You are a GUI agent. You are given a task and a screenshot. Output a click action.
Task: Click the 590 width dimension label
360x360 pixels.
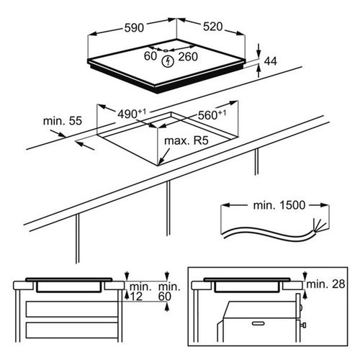point(134,28)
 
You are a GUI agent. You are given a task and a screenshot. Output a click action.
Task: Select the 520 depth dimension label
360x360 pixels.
point(213,27)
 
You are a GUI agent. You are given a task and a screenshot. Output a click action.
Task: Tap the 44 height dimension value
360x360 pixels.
point(271,61)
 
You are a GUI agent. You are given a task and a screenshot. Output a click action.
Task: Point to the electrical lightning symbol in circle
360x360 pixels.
point(168,61)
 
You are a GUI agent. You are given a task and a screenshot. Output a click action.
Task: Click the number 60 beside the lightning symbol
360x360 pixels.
point(150,56)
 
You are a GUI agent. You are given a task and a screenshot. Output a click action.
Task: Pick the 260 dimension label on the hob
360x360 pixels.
point(188,57)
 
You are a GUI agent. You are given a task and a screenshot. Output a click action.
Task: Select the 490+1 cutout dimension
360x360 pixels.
point(132,114)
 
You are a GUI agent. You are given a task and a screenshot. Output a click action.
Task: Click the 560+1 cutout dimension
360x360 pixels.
point(212,114)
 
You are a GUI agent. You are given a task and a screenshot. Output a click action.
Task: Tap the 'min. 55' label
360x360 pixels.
point(63,121)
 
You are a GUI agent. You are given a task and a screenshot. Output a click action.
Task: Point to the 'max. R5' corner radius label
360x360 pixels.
point(186,140)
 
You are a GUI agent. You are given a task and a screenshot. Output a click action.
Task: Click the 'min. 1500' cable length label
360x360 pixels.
point(279,205)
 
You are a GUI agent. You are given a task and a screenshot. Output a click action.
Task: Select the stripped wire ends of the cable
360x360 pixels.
point(319,225)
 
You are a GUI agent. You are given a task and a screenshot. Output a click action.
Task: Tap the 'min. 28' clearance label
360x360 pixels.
point(325,284)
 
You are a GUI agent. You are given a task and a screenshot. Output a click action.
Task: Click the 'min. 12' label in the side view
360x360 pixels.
point(140,292)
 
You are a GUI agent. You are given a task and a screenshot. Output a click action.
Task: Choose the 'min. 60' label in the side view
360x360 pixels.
point(169,292)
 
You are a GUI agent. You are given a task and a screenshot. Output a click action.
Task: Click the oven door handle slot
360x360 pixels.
point(258,323)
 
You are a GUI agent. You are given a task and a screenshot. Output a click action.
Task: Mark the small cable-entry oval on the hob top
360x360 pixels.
point(166,50)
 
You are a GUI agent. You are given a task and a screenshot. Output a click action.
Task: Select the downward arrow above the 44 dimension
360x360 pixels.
point(258,50)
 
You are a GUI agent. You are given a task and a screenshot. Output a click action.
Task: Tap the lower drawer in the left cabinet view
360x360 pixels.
point(72,330)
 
